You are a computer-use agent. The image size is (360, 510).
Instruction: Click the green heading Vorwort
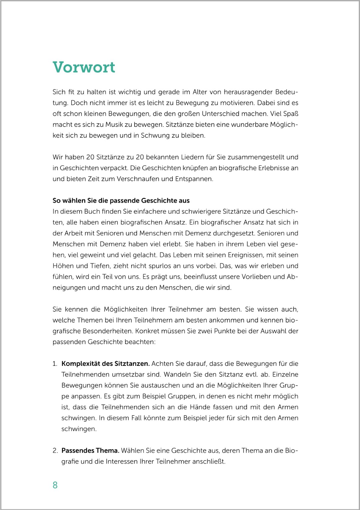(x=84, y=67)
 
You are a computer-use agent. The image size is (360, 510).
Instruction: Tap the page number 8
(x=55, y=485)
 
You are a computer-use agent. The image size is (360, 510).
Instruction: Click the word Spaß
(x=291, y=114)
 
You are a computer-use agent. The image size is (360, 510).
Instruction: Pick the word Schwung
(x=155, y=136)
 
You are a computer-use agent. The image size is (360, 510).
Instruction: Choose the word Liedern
(x=192, y=157)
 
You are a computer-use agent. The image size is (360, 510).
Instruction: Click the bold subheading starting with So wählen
(x=121, y=201)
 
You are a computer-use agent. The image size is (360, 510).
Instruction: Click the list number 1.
(x=55, y=364)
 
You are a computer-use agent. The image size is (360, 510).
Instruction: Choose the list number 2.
(x=55, y=451)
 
